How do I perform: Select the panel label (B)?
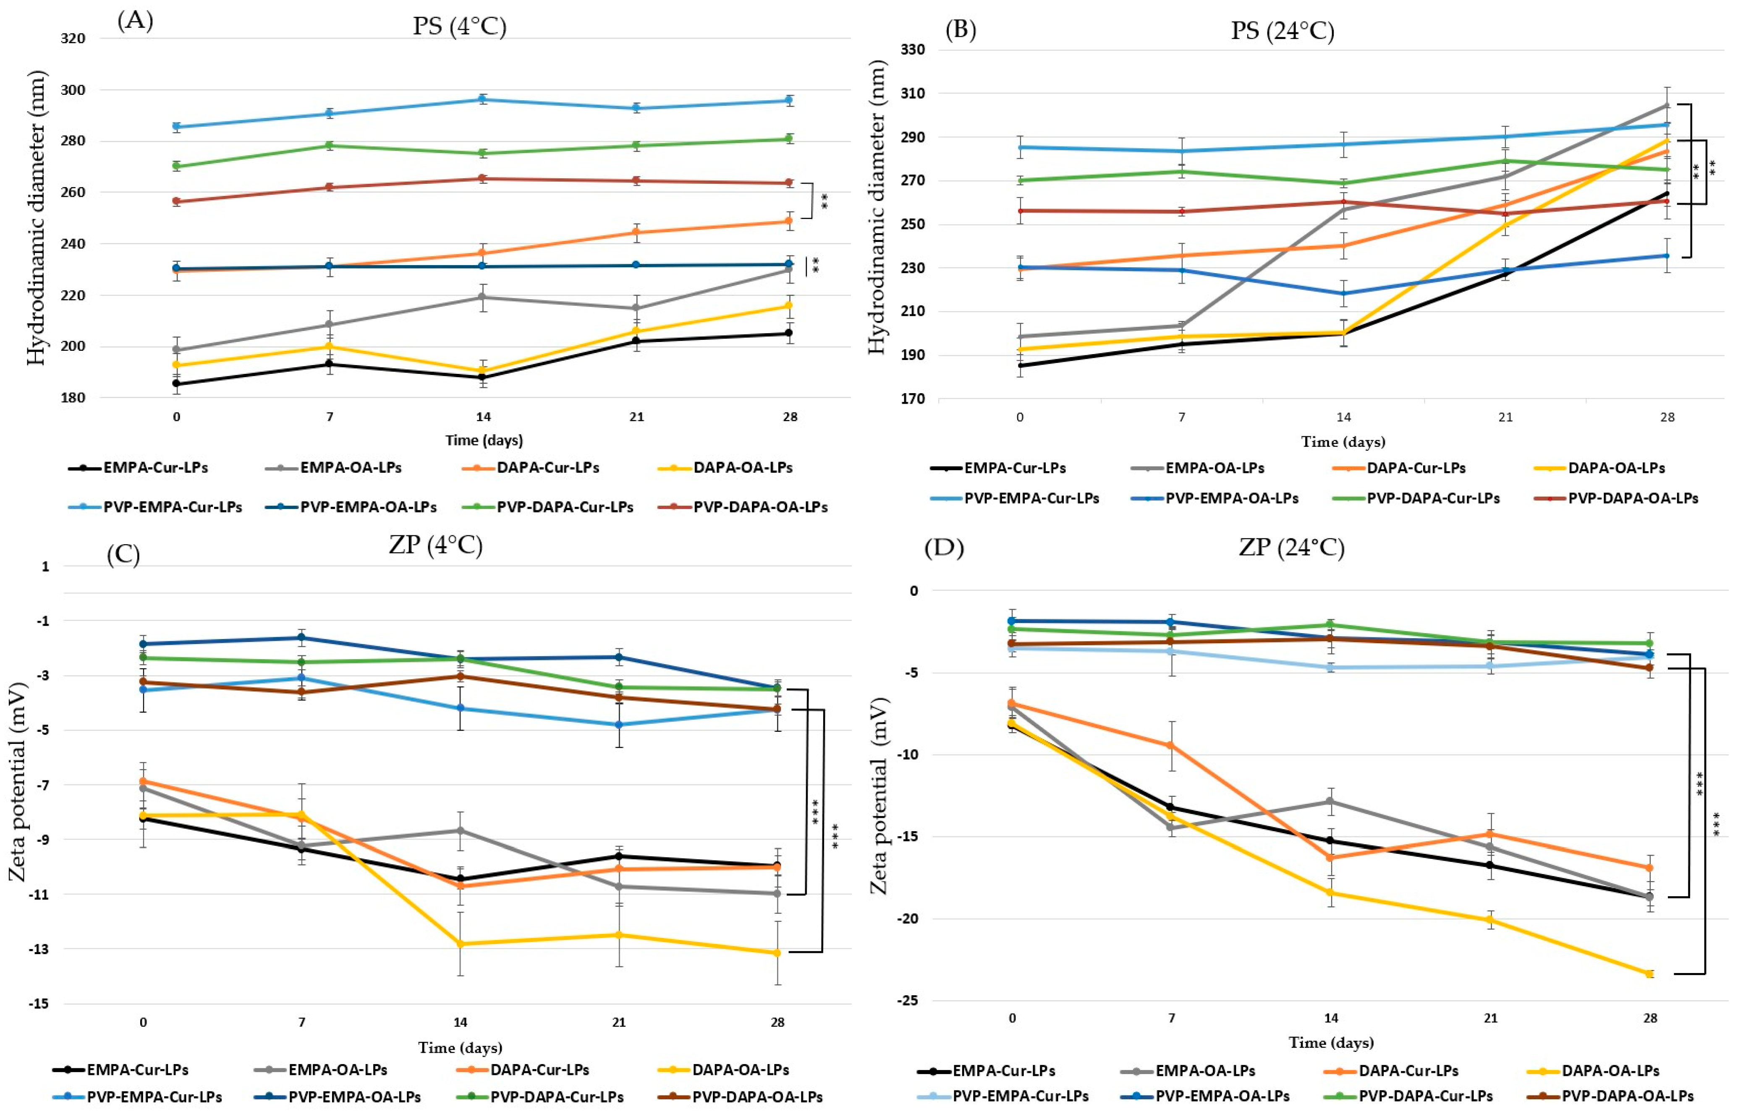(960, 30)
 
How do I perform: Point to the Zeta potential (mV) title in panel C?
(17, 781)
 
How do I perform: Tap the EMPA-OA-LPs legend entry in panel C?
(338, 1069)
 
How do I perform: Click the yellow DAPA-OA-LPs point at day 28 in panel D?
(1650, 974)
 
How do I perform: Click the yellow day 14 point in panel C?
(461, 944)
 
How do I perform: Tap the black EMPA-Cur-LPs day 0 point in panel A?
(177, 384)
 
